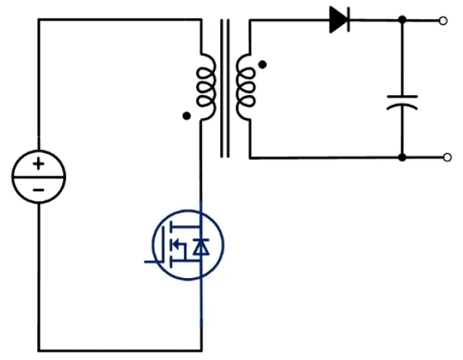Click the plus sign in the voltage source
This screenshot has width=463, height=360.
(x=38, y=165)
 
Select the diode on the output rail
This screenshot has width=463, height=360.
(x=339, y=19)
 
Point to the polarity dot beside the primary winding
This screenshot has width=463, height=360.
(x=186, y=117)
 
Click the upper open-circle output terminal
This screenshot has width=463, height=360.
(x=447, y=19)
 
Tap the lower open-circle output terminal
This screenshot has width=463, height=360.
(x=447, y=157)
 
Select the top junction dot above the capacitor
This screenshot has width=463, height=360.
(x=403, y=19)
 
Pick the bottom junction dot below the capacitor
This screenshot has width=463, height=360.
(x=403, y=157)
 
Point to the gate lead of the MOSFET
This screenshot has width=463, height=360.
(x=154, y=260)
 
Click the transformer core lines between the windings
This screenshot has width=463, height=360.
(x=224, y=87)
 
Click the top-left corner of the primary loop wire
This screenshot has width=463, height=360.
(x=38, y=19)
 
